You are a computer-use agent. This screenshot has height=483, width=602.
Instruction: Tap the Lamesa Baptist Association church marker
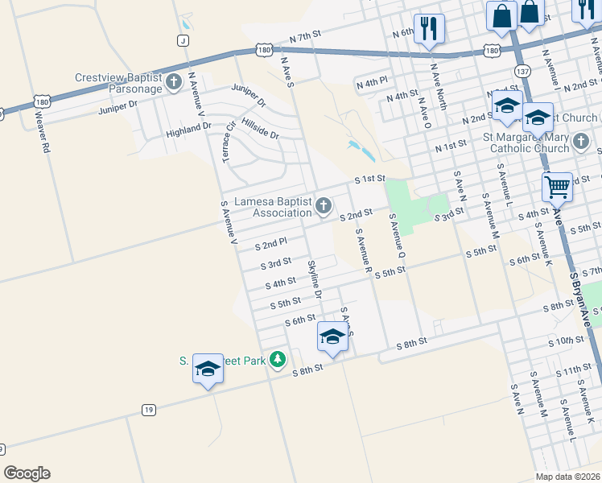324,207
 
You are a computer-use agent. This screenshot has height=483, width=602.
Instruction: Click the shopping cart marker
557,188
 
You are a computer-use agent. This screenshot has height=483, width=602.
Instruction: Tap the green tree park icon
278,359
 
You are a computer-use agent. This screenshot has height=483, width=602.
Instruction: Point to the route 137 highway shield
522,72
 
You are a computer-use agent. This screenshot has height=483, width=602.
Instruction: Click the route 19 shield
148,410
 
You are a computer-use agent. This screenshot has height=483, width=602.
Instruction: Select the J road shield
183,40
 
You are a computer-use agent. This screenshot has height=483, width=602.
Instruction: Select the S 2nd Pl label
271,243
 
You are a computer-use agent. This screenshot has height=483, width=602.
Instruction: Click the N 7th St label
305,38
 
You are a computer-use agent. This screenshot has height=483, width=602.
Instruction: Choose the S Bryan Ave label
583,298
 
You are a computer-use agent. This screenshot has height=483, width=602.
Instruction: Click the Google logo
27,473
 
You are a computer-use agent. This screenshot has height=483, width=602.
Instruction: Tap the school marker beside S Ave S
332,336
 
